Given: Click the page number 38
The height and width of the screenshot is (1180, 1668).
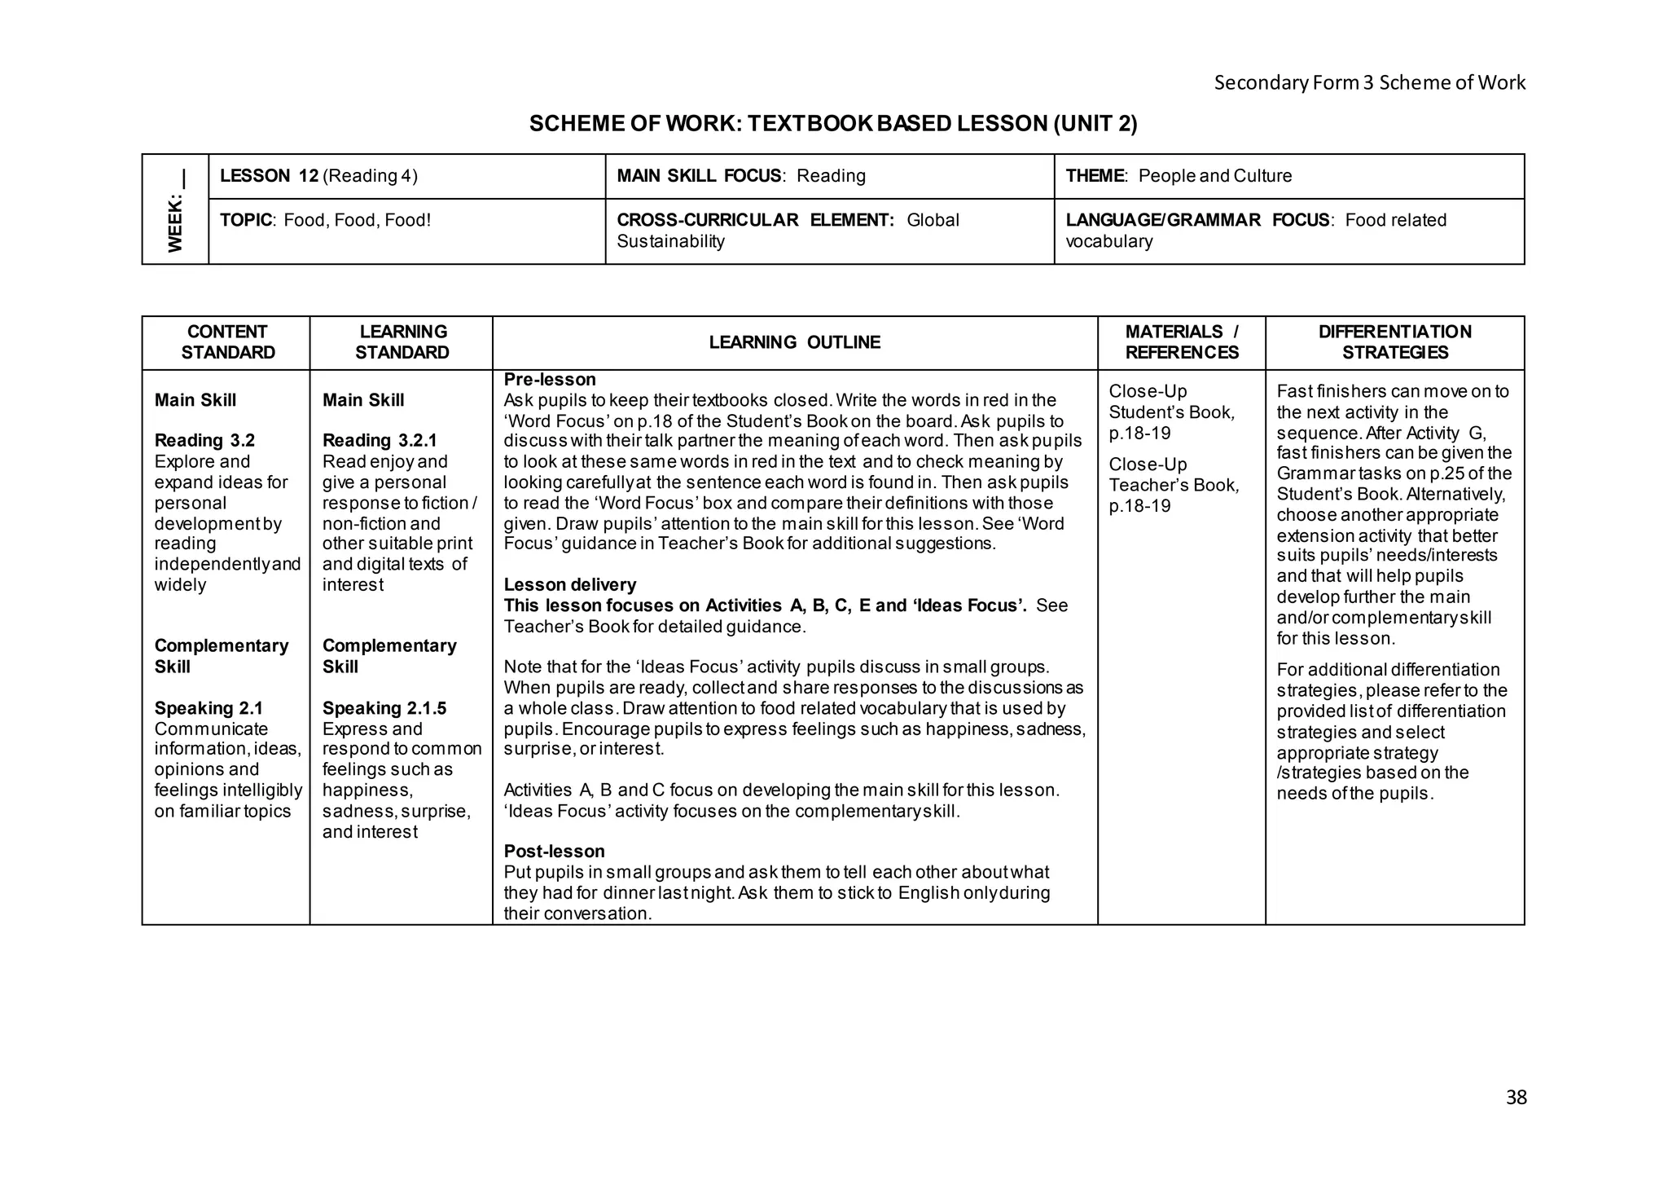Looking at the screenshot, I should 1516,1098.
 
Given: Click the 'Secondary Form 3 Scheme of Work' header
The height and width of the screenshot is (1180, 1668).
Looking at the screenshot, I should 1369,82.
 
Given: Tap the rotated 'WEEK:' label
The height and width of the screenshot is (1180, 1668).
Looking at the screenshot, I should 175,222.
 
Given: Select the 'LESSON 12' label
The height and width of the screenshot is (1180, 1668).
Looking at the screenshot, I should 269,176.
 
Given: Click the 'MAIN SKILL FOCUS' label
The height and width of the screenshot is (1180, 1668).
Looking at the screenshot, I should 698,176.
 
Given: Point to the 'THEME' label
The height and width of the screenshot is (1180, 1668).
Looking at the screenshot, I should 1095,176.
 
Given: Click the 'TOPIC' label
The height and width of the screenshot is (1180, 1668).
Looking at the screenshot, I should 245,220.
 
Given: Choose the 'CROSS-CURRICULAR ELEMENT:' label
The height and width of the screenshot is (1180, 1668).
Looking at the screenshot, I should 755,220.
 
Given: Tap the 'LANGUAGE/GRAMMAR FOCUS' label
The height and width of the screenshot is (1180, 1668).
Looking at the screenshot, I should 1197,220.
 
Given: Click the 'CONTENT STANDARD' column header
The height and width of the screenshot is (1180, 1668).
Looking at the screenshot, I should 227,342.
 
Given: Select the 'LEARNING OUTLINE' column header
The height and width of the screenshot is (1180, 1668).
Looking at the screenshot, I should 794,342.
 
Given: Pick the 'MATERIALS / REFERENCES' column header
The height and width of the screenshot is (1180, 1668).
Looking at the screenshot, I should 1181,342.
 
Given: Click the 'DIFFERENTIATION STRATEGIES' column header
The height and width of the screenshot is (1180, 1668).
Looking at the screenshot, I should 1394,342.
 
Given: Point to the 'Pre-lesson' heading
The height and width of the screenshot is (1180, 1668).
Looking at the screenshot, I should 550,380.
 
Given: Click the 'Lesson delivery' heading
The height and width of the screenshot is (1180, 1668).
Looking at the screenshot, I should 569,585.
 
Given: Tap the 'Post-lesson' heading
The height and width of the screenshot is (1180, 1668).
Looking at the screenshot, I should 554,852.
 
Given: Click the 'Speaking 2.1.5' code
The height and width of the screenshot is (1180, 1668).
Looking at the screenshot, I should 384,708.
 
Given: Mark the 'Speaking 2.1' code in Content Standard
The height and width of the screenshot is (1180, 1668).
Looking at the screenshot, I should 208,708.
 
